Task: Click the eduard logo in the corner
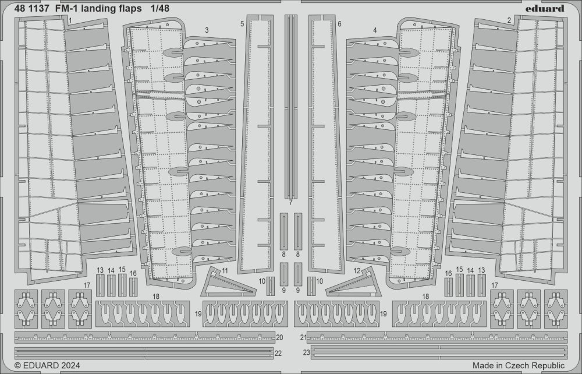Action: (548, 9)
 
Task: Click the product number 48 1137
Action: (32, 9)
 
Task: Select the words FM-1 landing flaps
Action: (99, 9)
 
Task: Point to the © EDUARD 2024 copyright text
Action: (47, 365)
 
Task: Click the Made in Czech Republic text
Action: (518, 365)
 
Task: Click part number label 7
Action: (290, 203)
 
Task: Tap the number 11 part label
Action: (225, 271)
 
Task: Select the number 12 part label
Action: (357, 271)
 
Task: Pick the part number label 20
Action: (279, 338)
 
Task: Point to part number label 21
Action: (303, 338)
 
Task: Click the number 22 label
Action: (278, 354)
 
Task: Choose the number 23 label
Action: (306, 353)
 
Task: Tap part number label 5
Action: (242, 24)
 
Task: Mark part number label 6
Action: (339, 24)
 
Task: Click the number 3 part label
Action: (207, 30)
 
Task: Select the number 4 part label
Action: (375, 30)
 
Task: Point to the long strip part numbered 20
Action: (145, 338)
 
